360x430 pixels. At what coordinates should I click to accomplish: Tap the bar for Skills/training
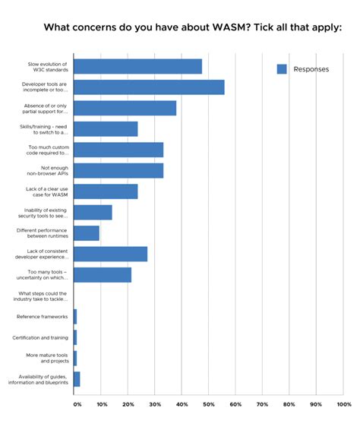tap(106, 129)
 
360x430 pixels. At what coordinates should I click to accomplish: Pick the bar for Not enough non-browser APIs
tap(118, 170)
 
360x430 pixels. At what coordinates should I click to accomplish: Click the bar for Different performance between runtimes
tap(87, 232)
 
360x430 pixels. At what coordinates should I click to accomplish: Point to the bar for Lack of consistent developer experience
tap(111, 254)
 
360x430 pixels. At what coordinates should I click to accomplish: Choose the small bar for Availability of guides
tap(77, 378)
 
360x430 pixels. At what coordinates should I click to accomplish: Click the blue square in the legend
tap(282, 69)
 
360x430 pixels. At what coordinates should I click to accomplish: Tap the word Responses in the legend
tap(311, 69)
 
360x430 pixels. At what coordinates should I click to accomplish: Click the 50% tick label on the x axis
tap(209, 404)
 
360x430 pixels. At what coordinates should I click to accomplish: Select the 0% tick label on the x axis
tap(77, 404)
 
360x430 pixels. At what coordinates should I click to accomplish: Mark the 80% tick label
tap(289, 404)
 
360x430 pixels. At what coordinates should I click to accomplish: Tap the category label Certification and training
tap(40, 337)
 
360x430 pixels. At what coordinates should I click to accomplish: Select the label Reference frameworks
tap(43, 316)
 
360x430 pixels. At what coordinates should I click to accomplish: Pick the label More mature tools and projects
tap(47, 358)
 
